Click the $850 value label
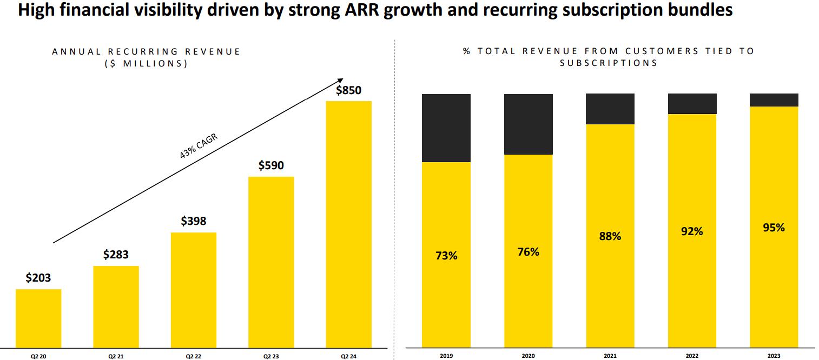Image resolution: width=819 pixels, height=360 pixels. point(348,90)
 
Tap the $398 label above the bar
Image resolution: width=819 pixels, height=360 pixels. point(194,221)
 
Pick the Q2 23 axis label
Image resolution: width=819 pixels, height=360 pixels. point(271,356)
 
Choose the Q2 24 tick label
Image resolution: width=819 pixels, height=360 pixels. point(349,356)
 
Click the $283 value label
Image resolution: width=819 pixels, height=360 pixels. point(116,255)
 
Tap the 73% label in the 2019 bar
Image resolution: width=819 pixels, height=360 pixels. point(446,256)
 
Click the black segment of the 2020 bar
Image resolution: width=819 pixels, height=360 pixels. point(529,124)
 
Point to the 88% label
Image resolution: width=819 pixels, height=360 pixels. point(610,236)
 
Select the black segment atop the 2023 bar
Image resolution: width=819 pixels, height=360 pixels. point(774,100)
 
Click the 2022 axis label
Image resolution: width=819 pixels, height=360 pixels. point(692,356)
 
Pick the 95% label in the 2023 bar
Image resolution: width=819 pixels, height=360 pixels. point(774,228)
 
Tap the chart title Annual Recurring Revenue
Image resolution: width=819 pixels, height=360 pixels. point(146,51)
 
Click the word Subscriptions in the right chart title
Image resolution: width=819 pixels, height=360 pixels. point(609,63)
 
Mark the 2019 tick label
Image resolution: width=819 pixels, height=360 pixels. point(446,356)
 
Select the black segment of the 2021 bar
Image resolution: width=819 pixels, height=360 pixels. point(610,109)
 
